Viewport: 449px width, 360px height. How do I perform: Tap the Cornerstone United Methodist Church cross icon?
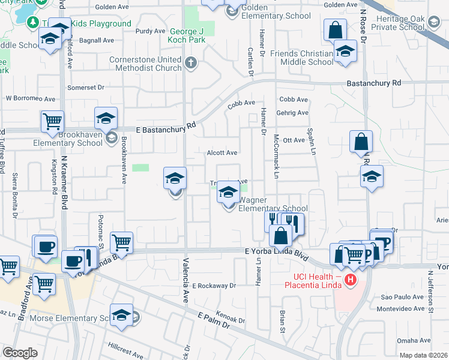point(190,63)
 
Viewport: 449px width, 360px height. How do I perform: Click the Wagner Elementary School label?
point(273,204)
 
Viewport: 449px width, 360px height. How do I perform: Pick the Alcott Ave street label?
point(222,153)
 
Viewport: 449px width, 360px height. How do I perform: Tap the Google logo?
point(20,353)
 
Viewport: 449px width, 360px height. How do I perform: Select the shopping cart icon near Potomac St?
point(121,242)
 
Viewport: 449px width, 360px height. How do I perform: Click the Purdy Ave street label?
point(151,31)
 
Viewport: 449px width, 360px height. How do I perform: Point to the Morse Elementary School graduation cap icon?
point(121,316)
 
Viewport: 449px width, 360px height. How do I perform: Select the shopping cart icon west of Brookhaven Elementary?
point(52,121)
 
